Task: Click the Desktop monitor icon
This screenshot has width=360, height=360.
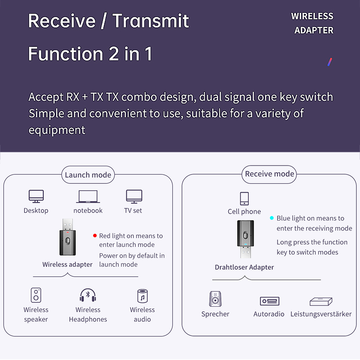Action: coord(36,196)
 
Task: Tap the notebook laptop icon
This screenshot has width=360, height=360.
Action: coord(88,196)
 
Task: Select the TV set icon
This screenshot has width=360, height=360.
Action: coord(134,196)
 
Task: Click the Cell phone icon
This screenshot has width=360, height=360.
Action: coord(244,199)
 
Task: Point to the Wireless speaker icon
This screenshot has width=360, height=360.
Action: coord(36,295)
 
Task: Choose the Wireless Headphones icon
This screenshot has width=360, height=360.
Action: coord(88,295)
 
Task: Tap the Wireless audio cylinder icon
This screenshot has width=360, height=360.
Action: coord(142,296)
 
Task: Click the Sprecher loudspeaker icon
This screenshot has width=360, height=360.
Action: coord(215,299)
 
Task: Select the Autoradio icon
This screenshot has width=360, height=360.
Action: coord(269,301)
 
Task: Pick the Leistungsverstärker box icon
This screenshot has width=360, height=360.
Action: coord(321,301)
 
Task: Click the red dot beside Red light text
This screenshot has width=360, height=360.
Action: coord(95,236)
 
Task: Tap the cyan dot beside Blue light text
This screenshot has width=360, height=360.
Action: coord(272,218)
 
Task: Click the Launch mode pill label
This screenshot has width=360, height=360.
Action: coord(88,175)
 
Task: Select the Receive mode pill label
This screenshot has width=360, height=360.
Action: coord(269,174)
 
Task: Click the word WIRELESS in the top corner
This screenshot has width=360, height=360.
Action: coord(312,16)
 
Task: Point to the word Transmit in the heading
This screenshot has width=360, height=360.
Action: coord(151,21)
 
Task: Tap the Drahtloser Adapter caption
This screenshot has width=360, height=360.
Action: coord(244,267)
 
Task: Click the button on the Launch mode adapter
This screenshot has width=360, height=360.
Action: coord(68,241)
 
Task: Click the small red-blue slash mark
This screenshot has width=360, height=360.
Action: coord(330,62)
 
